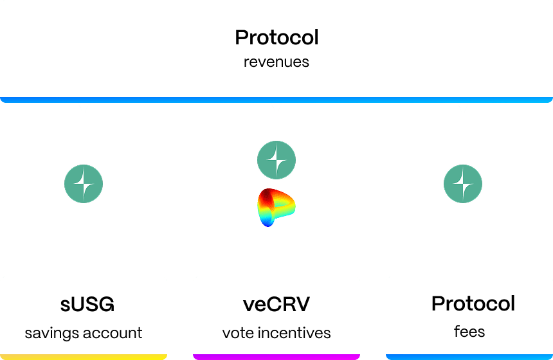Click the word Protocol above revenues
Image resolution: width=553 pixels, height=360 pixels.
point(276,37)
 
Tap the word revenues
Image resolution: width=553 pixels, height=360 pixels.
point(276,62)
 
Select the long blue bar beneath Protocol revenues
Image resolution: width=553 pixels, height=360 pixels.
point(276,100)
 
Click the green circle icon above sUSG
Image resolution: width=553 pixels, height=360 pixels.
point(84,184)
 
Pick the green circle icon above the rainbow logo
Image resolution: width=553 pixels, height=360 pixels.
point(276,160)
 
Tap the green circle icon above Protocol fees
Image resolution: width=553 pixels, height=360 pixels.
point(463,184)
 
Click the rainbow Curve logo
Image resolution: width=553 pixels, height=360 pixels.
point(276,208)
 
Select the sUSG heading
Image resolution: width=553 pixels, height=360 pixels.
point(87,304)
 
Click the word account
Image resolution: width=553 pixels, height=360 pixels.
point(113,333)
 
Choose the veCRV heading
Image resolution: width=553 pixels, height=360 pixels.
point(276,304)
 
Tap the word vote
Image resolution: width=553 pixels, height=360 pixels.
point(238,333)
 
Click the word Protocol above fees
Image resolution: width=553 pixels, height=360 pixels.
point(473,303)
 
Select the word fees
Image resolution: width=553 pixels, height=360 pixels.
point(469,332)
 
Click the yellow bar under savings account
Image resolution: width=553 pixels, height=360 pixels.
point(84,357)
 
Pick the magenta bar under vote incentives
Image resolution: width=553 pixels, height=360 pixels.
point(276,357)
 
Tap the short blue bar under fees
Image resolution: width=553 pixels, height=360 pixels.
point(469,357)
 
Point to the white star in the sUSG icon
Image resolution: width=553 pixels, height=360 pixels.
point(84,184)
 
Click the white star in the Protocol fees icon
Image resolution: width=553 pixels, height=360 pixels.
point(463,184)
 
